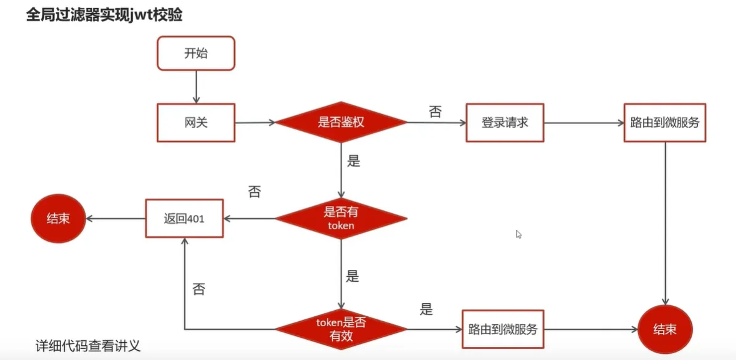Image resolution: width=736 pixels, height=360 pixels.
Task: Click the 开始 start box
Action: tap(196, 53)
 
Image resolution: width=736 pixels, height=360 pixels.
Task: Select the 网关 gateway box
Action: tap(196, 122)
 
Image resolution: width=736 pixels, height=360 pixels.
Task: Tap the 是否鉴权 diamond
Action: tap(341, 122)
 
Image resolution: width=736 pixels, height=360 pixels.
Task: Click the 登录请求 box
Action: tap(505, 122)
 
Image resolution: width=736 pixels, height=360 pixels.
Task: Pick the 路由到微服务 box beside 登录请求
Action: tap(664, 122)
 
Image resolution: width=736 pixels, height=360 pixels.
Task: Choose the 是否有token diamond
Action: tap(341, 218)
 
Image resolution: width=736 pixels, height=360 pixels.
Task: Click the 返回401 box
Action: tap(184, 218)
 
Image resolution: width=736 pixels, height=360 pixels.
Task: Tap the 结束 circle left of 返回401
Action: tap(58, 218)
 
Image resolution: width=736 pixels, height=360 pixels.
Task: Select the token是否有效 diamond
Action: tap(341, 328)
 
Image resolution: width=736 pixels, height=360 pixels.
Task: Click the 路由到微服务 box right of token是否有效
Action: tap(502, 329)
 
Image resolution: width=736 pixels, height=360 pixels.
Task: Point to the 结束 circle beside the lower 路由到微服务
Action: tap(665, 329)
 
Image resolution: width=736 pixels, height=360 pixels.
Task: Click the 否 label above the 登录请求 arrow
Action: tap(435, 112)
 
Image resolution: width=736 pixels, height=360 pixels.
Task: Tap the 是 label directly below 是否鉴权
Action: tap(353, 162)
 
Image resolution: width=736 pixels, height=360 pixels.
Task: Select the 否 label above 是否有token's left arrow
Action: tap(254, 192)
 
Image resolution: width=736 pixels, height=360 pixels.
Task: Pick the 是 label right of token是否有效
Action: tap(426, 309)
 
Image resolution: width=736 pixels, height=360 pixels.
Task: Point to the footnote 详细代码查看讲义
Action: tap(88, 346)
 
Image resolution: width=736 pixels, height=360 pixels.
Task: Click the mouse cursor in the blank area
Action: tap(518, 234)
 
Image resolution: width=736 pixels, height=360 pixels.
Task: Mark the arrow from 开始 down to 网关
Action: tap(196, 86)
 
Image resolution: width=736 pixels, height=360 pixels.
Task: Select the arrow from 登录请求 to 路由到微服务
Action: tap(583, 123)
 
